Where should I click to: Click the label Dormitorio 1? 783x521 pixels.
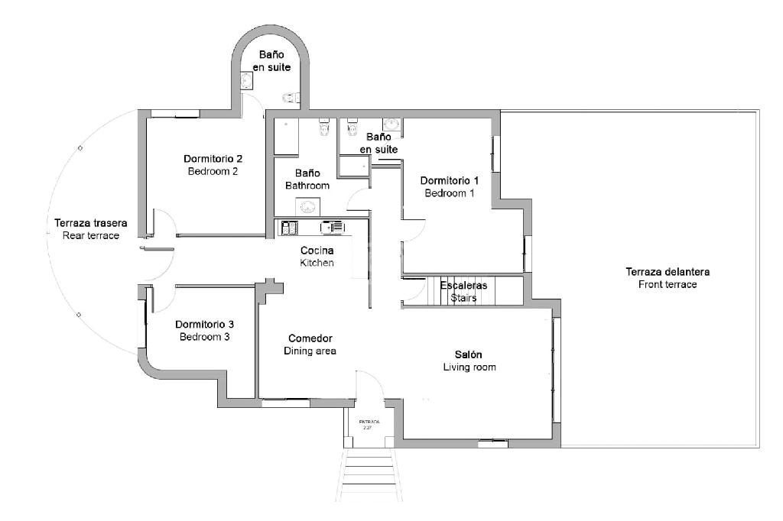(x=450, y=180)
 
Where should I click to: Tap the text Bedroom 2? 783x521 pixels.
(x=213, y=171)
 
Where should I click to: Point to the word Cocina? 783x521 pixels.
(x=317, y=250)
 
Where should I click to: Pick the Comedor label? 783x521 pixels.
(x=310, y=338)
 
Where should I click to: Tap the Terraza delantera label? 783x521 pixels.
(x=668, y=272)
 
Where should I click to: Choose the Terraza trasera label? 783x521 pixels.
(x=90, y=223)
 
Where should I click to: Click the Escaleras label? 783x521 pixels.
(x=463, y=286)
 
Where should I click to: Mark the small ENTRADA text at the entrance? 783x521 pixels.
(x=369, y=421)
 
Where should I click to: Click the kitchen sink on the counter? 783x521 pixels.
(x=289, y=227)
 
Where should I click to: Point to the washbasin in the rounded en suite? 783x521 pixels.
(x=245, y=81)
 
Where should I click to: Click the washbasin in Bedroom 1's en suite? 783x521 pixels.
(x=392, y=125)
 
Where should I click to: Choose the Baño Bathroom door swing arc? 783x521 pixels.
(x=356, y=200)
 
